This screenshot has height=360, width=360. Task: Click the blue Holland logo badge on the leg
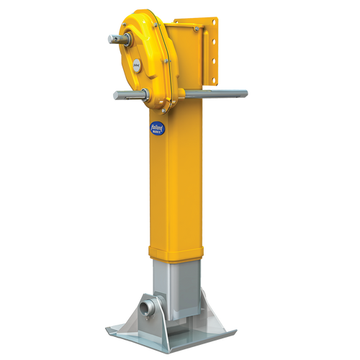click(156, 127)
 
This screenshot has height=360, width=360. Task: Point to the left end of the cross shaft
click(115, 94)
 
